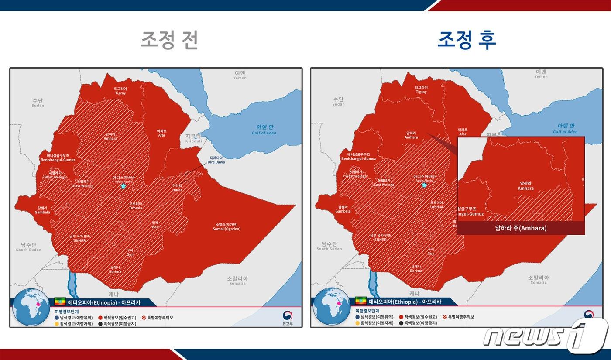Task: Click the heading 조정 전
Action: pyautogui.click(x=169, y=40)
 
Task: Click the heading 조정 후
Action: pyautogui.click(x=467, y=40)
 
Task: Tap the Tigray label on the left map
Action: pyautogui.click(x=120, y=90)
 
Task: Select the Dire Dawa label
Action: pyautogui.click(x=217, y=160)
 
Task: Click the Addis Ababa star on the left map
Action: pyautogui.click(x=123, y=186)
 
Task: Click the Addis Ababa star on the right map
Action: pyautogui.click(x=424, y=185)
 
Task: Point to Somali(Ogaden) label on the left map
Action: pyautogui.click(x=226, y=227)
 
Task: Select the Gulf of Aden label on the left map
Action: pyautogui.click(x=264, y=130)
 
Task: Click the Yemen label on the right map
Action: pyautogui.click(x=541, y=74)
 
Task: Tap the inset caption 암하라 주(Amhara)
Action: pyautogui.click(x=521, y=228)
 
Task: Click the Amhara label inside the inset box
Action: pyautogui.click(x=525, y=186)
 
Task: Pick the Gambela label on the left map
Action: pyautogui.click(x=43, y=210)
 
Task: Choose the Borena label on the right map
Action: pyautogui.click(x=416, y=268)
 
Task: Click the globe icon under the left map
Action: pyautogui.click(x=31, y=307)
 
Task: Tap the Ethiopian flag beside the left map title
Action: pyautogui.click(x=60, y=302)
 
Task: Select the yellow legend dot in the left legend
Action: pyautogui.click(x=57, y=323)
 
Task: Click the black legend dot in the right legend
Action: pyautogui.click(x=401, y=323)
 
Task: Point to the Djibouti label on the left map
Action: pyautogui.click(x=193, y=139)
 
